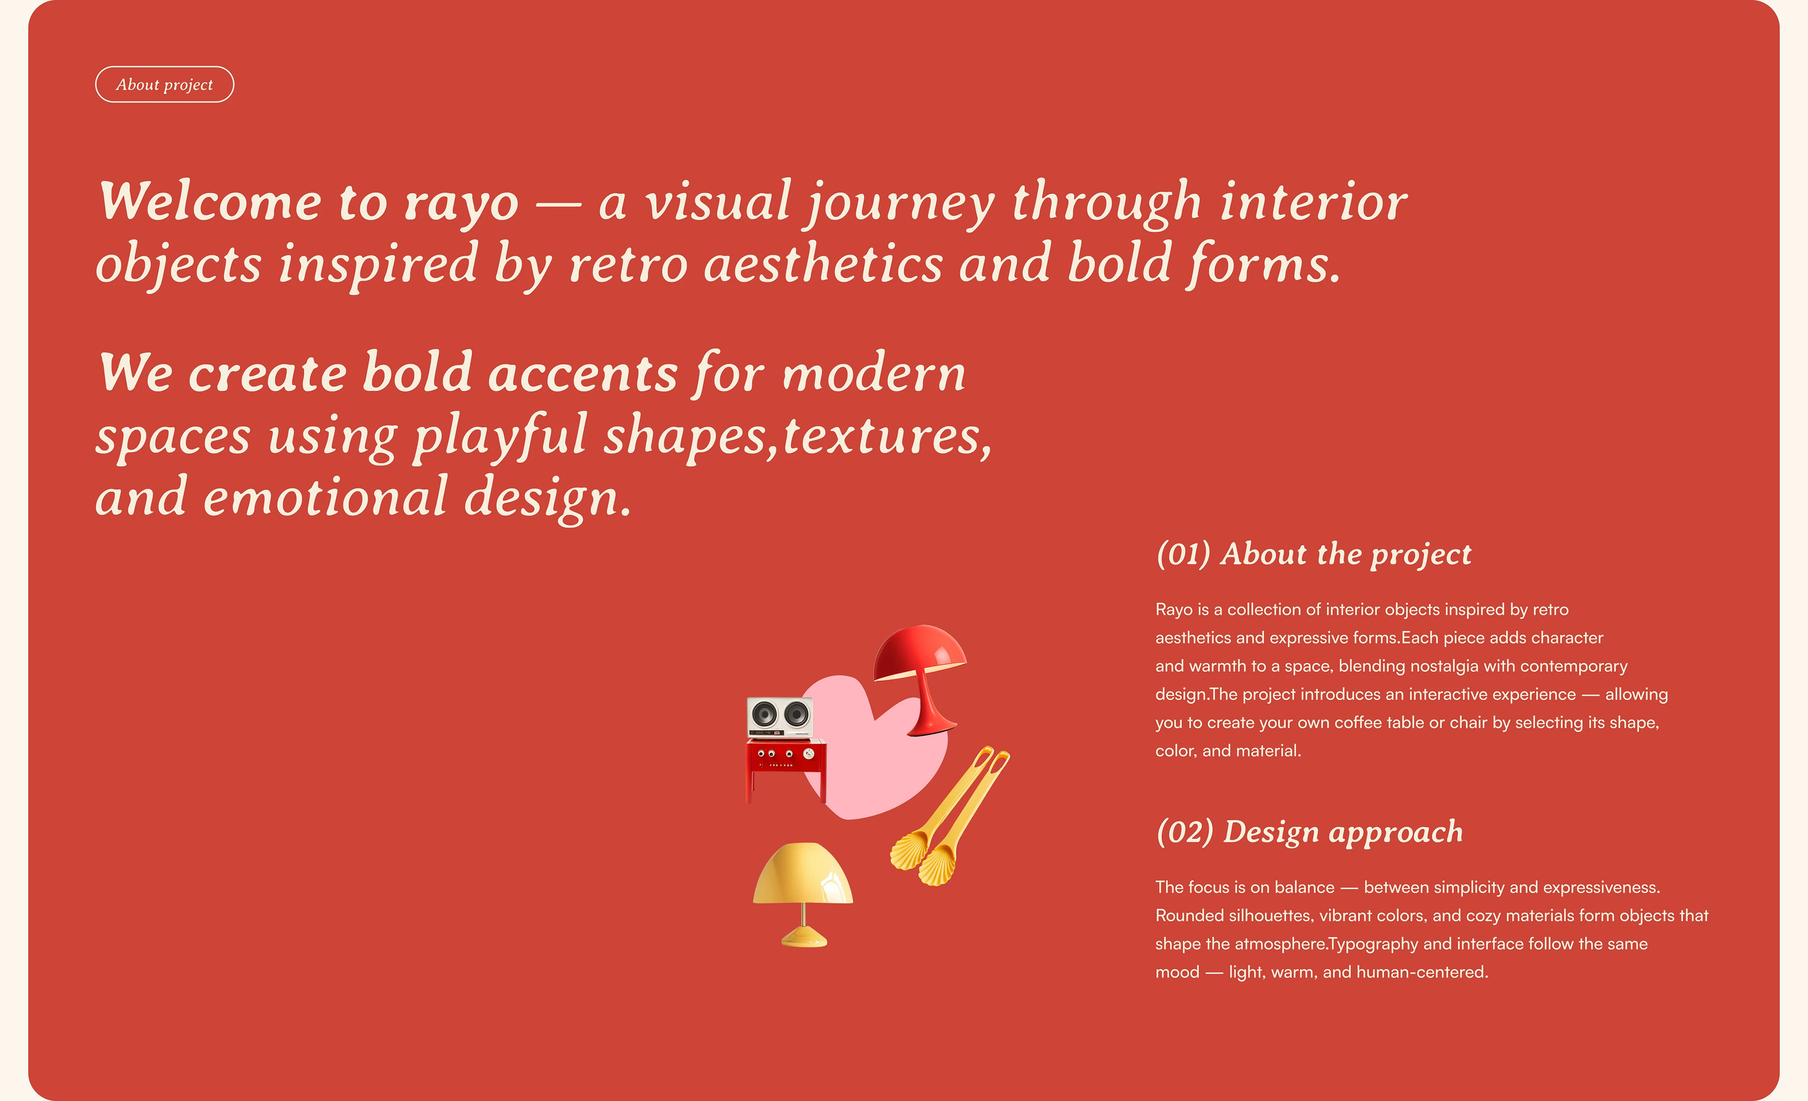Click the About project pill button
164,84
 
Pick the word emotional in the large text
325,497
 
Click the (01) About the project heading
1314,554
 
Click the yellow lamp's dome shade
803,873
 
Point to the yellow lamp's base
804,937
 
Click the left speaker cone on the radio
764,713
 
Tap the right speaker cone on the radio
796,713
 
